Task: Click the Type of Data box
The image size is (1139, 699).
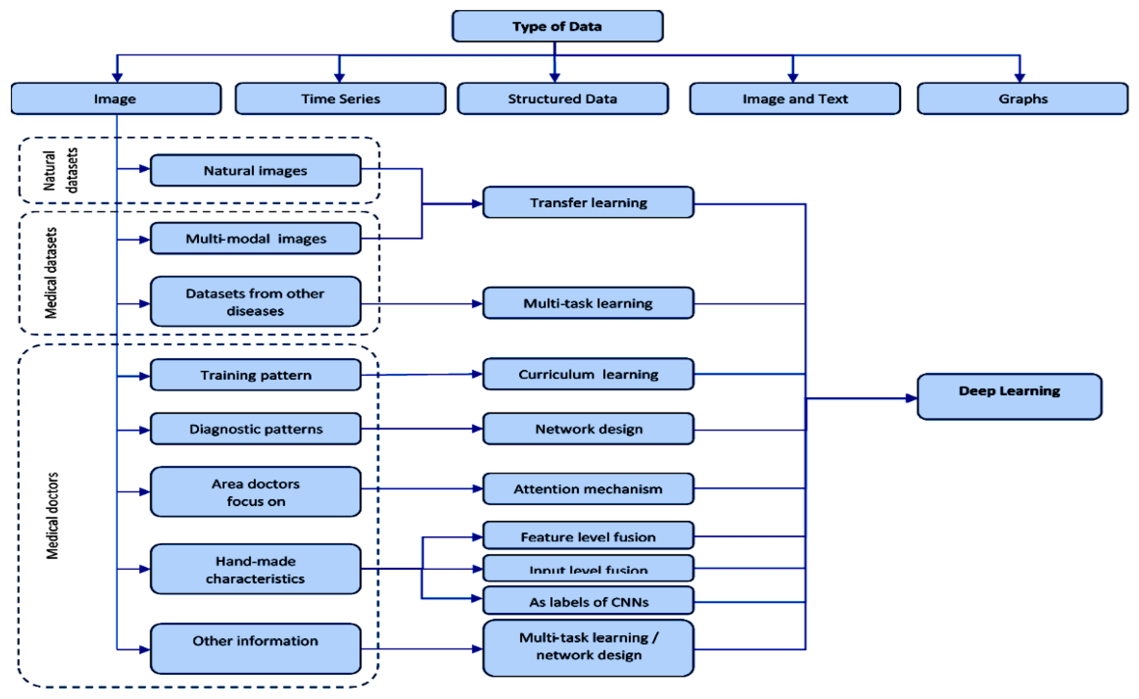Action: pyautogui.click(x=557, y=26)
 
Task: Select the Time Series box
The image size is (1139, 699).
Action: pyautogui.click(x=341, y=98)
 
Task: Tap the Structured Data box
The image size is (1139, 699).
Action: pyautogui.click(x=562, y=98)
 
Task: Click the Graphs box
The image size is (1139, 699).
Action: pyautogui.click(x=1022, y=98)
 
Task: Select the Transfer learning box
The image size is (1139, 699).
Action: pyautogui.click(x=588, y=202)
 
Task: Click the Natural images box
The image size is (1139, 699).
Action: pyautogui.click(x=256, y=171)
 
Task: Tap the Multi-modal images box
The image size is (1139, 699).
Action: pyautogui.click(x=256, y=239)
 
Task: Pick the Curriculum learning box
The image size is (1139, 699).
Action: pyautogui.click(x=588, y=374)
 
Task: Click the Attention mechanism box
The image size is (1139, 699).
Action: pyautogui.click(x=588, y=489)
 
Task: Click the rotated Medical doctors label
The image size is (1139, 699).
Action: pyautogui.click(x=52, y=515)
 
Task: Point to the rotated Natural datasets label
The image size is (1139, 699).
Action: pyautogui.click(x=60, y=170)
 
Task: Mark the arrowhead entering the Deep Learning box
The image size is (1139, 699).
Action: pyautogui.click(x=911, y=398)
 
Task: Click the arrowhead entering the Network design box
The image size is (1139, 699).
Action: pyautogui.click(x=477, y=429)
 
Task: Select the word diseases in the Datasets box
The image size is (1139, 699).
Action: pyautogui.click(x=255, y=311)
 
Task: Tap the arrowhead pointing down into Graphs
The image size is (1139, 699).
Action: pyautogui.click(x=1020, y=78)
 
